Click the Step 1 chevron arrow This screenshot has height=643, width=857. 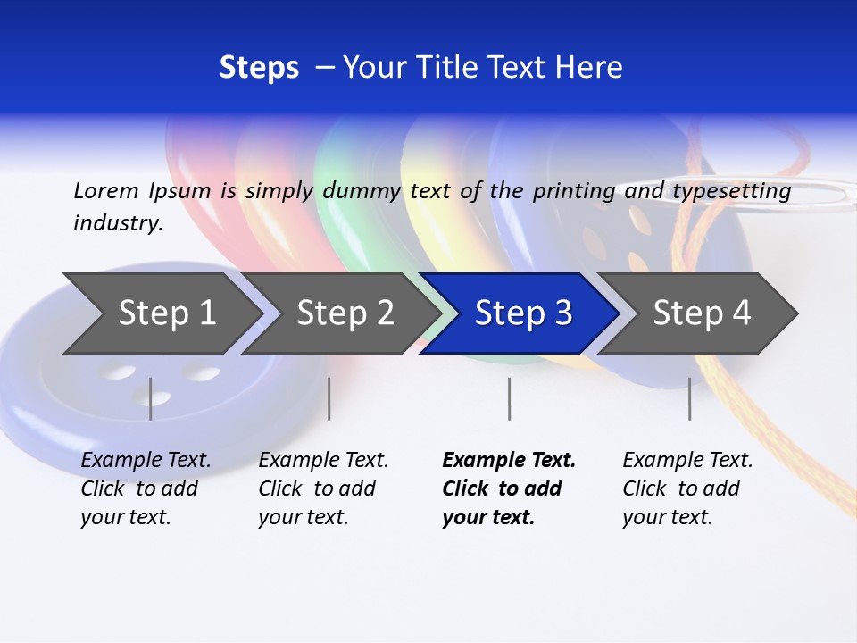coord(167,313)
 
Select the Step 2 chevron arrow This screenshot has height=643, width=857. coord(345,313)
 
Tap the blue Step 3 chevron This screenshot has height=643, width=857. coord(523,313)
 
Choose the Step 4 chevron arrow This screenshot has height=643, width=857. coord(702,313)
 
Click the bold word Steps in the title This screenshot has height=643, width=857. coord(259,68)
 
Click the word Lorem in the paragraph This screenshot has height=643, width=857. coord(106,191)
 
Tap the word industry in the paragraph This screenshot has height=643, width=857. coord(117,222)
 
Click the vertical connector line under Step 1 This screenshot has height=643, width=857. coord(151,398)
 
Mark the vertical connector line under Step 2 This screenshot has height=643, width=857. coord(329,398)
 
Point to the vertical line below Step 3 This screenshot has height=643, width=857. coord(509,398)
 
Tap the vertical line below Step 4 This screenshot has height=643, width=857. coord(689,398)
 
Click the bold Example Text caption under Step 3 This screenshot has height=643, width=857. coord(509,489)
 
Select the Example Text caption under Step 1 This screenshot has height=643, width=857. coord(146,489)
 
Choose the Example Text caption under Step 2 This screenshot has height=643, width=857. coord(323,489)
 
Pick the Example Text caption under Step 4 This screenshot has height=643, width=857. coord(687,489)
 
